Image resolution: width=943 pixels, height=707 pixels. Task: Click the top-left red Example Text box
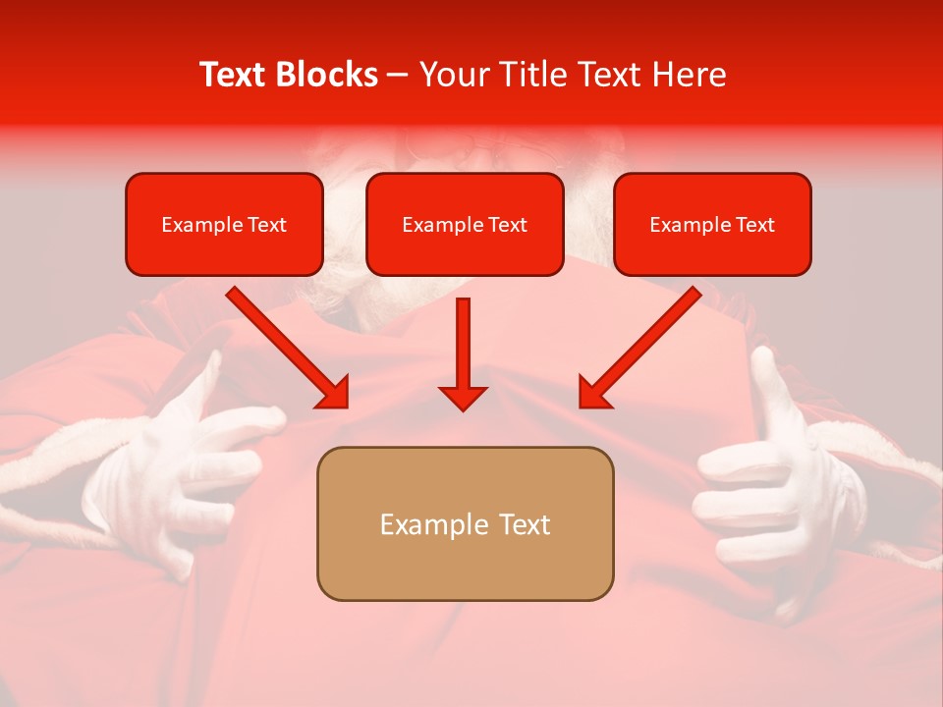(x=224, y=225)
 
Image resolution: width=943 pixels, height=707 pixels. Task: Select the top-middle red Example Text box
(x=465, y=225)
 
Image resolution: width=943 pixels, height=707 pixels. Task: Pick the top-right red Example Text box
(x=712, y=225)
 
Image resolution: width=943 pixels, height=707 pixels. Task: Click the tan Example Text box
(x=465, y=524)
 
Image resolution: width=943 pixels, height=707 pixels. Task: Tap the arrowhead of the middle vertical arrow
(x=463, y=397)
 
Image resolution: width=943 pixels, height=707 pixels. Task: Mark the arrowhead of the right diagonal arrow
(x=595, y=392)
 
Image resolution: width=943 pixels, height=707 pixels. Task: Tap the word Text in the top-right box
(x=754, y=225)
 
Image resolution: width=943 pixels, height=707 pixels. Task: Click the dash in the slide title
(x=398, y=75)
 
